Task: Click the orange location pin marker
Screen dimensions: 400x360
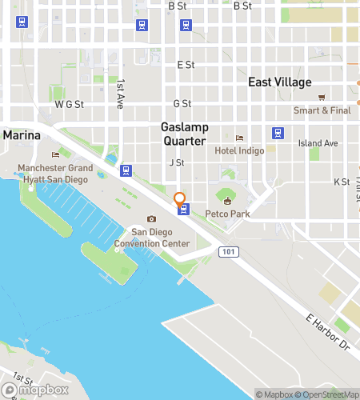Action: [x=179, y=198]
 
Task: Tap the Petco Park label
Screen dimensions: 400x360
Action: [x=234, y=214]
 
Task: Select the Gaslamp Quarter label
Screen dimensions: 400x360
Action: [x=186, y=134]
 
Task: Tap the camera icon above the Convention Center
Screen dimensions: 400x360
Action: [x=151, y=219]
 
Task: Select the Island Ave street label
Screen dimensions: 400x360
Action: [x=318, y=143]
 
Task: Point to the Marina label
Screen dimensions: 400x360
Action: [x=22, y=135]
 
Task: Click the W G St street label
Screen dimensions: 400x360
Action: [x=70, y=104]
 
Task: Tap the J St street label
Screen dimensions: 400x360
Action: [x=177, y=162]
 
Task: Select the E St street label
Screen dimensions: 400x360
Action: [x=186, y=64]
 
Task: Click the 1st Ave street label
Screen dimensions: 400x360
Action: [x=121, y=94]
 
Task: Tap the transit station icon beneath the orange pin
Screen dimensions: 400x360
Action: [x=184, y=210]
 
